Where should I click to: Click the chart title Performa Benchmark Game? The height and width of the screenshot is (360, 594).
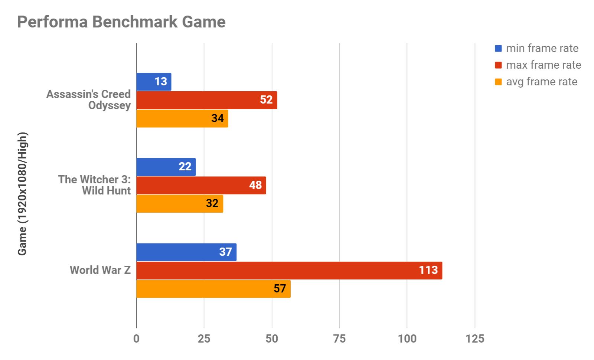tap(121, 22)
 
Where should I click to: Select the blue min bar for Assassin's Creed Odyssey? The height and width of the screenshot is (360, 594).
tap(154, 82)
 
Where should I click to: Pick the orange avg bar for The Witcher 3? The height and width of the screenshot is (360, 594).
tap(180, 204)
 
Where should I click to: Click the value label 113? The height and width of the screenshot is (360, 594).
tap(428, 270)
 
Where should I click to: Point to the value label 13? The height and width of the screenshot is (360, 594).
tap(161, 82)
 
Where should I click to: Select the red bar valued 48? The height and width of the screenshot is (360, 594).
tap(201, 185)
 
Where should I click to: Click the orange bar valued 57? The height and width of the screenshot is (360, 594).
tap(213, 289)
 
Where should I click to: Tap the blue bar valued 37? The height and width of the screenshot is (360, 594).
tap(186, 252)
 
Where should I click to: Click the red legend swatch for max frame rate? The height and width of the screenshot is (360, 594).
tap(498, 65)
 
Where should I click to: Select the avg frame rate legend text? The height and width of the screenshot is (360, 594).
tap(542, 82)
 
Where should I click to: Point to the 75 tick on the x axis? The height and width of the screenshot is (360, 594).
tap(339, 338)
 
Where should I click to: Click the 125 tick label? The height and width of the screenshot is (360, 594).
tap(475, 338)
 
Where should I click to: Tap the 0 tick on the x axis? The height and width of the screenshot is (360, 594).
tap(136, 338)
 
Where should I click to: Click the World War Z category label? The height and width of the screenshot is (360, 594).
tap(100, 270)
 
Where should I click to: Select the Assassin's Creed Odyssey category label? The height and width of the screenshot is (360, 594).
tap(89, 99)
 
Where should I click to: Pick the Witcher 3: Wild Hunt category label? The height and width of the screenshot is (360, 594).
tap(95, 185)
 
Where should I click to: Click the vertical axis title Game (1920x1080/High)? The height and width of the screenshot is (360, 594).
tap(22, 193)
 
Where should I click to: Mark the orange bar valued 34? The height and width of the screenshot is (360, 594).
tap(182, 118)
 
